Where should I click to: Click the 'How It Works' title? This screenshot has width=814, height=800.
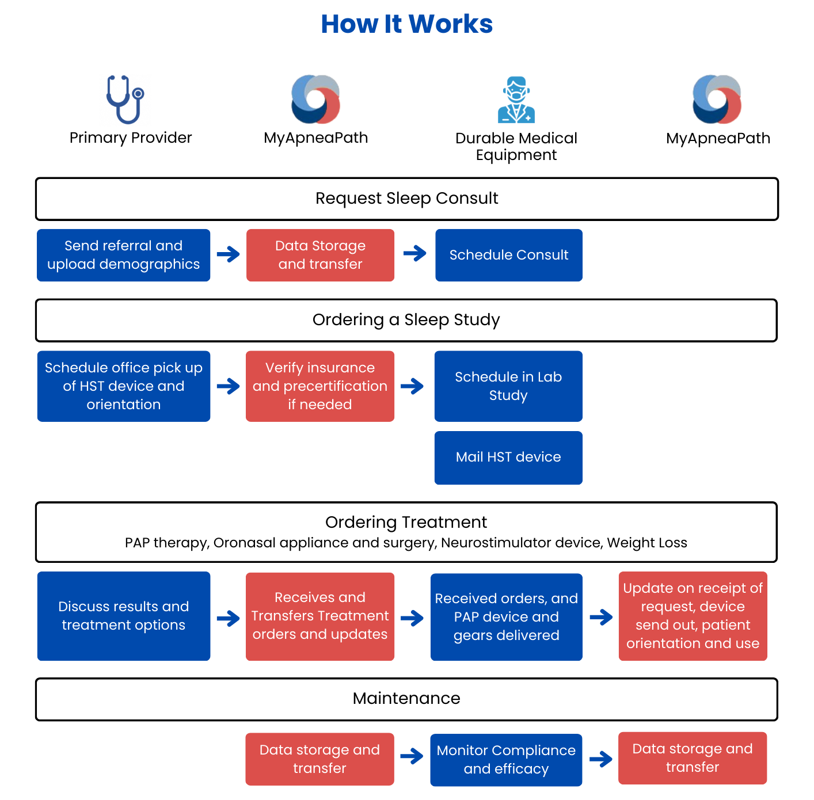tap(406, 24)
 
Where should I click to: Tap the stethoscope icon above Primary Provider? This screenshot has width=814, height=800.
tap(125, 100)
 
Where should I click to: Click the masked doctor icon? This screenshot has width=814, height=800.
tap(516, 100)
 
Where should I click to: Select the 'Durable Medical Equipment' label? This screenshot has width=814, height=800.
tap(516, 147)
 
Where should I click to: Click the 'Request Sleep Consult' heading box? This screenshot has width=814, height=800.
tap(407, 199)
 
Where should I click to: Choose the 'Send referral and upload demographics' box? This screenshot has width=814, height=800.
tap(123, 255)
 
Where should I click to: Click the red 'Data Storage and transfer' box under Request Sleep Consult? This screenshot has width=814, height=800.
tap(320, 255)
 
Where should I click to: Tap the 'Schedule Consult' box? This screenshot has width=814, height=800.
tap(508, 255)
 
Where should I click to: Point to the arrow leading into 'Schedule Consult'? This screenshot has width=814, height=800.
tap(415, 253)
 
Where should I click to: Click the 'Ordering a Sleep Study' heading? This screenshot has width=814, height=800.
tap(406, 320)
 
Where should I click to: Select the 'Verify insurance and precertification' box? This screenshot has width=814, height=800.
tap(319, 386)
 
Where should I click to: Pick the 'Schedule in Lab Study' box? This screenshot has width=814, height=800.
tap(508, 386)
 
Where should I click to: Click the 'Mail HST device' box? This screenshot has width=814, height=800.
tap(508, 458)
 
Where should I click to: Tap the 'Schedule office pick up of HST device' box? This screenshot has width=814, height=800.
tap(123, 386)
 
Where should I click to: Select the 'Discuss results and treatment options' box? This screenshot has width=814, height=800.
tap(123, 616)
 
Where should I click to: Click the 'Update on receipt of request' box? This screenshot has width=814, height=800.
tap(693, 616)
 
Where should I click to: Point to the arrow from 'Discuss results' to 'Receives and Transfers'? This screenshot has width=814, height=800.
tap(228, 618)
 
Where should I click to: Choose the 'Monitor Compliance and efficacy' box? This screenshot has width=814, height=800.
tap(506, 760)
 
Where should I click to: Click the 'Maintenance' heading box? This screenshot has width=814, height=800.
tap(406, 699)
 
